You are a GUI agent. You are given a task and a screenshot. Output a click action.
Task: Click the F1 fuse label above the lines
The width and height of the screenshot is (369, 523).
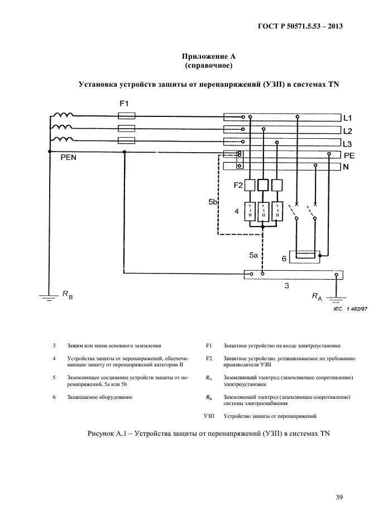[124, 104]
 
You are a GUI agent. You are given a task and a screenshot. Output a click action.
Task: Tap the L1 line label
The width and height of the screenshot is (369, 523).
[348, 118]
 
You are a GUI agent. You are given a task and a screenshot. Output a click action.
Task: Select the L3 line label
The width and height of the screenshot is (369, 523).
[348, 143]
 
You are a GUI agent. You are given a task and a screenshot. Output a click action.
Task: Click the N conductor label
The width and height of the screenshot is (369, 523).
[346, 167]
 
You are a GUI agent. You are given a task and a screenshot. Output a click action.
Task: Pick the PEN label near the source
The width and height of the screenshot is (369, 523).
[69, 158]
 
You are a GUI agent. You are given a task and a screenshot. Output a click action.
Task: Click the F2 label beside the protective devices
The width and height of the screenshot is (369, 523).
[238, 185]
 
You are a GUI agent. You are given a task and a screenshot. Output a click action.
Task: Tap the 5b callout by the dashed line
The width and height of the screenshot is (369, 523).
[213, 202]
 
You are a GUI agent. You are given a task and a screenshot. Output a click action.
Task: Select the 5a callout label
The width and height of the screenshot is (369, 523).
[253, 256]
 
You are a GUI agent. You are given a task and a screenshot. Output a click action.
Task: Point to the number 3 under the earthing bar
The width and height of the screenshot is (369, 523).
[286, 286]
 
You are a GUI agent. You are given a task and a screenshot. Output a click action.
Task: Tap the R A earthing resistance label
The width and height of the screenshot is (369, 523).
[317, 298]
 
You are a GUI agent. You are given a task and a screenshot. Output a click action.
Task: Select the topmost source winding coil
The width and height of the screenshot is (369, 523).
[62, 116]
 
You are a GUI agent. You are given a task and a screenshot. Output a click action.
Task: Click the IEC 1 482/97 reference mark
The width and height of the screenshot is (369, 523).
[349, 308]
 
